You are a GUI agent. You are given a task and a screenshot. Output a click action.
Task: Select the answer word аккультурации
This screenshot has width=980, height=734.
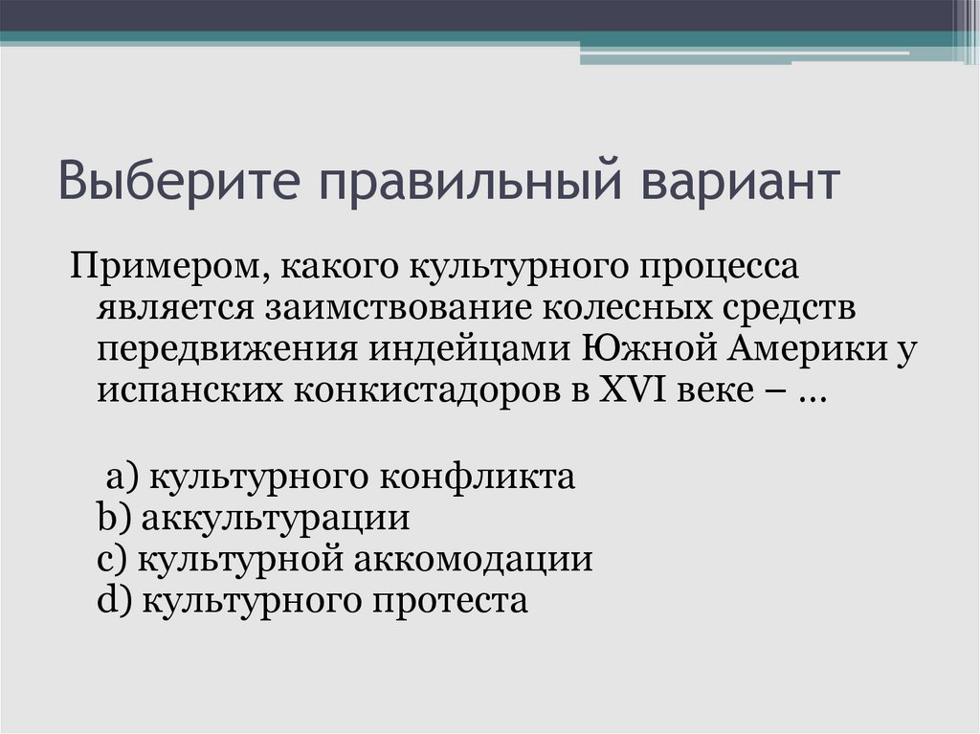pos(276,519)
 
